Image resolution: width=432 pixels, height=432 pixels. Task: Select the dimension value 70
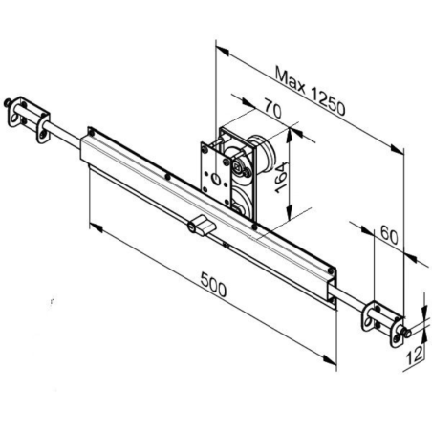pos(272,112)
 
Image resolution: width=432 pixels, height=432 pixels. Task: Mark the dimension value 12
pos(413,356)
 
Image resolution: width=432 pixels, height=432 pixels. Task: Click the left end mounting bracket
pos(30,118)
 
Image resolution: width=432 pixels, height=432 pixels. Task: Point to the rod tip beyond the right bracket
pos(410,334)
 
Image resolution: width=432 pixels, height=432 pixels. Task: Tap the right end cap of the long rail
pos(332,292)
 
